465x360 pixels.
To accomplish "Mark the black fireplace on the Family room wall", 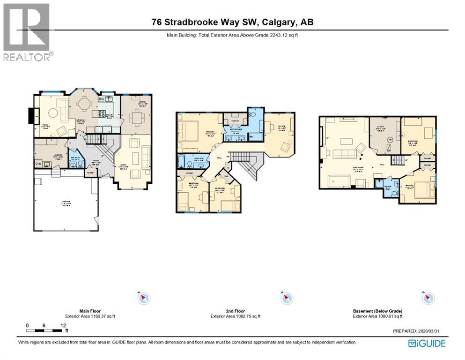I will coord(30,116).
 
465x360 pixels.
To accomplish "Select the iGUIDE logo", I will coord(427,343).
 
